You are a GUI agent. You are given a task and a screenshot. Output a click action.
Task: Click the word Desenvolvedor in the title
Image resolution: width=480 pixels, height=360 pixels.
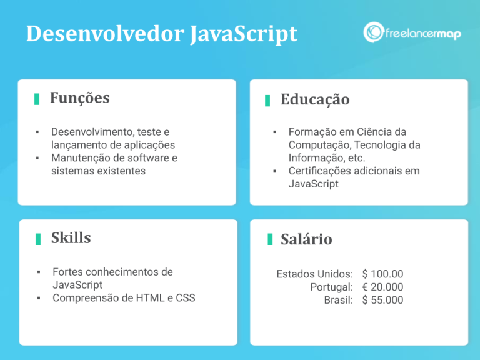(104, 34)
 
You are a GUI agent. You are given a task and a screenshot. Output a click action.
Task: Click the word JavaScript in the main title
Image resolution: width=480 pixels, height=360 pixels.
(243, 34)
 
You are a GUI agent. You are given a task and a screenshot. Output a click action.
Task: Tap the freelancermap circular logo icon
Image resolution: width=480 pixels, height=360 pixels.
(374, 32)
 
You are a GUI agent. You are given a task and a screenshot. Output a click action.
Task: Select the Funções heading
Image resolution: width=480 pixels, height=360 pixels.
(79, 98)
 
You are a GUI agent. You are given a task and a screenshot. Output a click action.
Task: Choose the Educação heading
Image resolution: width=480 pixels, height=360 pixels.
(314, 99)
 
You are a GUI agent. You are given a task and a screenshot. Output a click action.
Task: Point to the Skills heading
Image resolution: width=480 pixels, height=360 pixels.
(71, 238)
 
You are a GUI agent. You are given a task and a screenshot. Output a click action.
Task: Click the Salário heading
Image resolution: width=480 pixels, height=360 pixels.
(306, 239)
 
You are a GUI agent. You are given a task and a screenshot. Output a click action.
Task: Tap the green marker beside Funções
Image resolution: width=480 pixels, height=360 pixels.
(37, 99)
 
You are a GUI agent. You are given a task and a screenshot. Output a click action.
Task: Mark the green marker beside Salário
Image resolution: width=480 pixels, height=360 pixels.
(270, 239)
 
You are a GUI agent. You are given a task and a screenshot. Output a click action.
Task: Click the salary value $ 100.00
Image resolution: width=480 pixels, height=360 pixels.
(382, 274)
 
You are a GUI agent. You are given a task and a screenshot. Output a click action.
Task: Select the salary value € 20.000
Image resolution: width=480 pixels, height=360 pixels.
(382, 287)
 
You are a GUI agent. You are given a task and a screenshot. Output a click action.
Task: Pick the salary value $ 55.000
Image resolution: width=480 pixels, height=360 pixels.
(382, 300)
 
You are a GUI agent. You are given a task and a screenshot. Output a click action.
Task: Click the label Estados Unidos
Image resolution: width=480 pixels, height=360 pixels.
(314, 274)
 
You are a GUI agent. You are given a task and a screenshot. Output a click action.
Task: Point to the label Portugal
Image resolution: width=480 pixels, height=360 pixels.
(331, 287)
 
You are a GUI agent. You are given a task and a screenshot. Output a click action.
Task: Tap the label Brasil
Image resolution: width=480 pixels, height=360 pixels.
(338, 300)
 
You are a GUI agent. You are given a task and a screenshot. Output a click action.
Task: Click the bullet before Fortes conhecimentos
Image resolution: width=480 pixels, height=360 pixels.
(38, 272)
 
